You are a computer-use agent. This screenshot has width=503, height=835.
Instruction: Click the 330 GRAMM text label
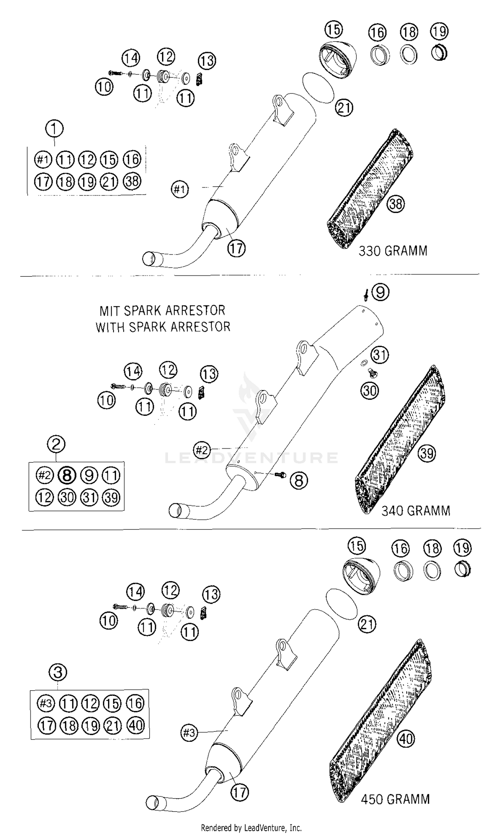pos(393,251)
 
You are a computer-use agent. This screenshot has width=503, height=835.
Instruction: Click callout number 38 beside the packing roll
pos(396,204)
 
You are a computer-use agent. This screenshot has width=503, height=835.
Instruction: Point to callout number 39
pos(427,453)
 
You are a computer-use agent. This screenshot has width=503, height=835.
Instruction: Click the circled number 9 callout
pos(380,292)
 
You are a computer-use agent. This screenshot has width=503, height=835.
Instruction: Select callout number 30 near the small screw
pos(370,391)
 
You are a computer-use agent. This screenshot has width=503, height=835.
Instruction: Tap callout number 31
pos(380,355)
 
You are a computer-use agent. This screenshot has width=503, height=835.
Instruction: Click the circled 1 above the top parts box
pos(54,128)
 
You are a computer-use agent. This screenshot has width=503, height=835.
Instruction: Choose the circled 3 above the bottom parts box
pos(58,672)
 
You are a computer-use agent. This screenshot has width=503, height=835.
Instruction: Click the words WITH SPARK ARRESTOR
pos(163,327)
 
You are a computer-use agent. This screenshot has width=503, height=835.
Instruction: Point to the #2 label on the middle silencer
pos(202,450)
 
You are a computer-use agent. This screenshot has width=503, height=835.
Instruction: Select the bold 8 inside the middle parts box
pos(67,475)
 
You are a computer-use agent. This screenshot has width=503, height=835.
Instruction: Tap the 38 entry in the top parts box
pos(132,181)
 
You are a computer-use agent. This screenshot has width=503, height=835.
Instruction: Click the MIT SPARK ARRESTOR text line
pos(162,311)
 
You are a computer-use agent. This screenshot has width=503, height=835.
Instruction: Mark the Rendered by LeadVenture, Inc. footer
pos(251,825)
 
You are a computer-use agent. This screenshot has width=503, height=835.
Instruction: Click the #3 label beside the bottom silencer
pos(189,733)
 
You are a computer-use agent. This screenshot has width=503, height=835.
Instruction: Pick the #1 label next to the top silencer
pos(180,189)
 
